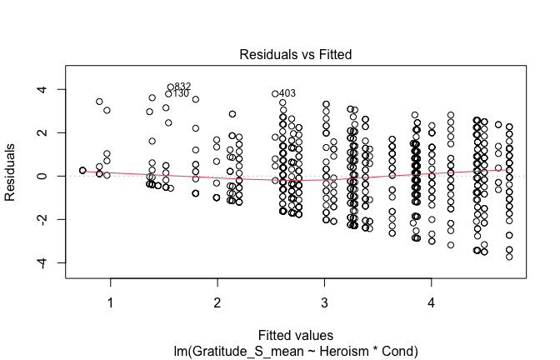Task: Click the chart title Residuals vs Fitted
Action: (x=296, y=54)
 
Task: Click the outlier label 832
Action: (x=183, y=87)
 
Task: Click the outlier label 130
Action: (x=181, y=93)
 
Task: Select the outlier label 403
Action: (x=287, y=93)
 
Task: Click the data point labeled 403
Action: (x=275, y=94)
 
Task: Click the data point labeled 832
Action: (x=171, y=87)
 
